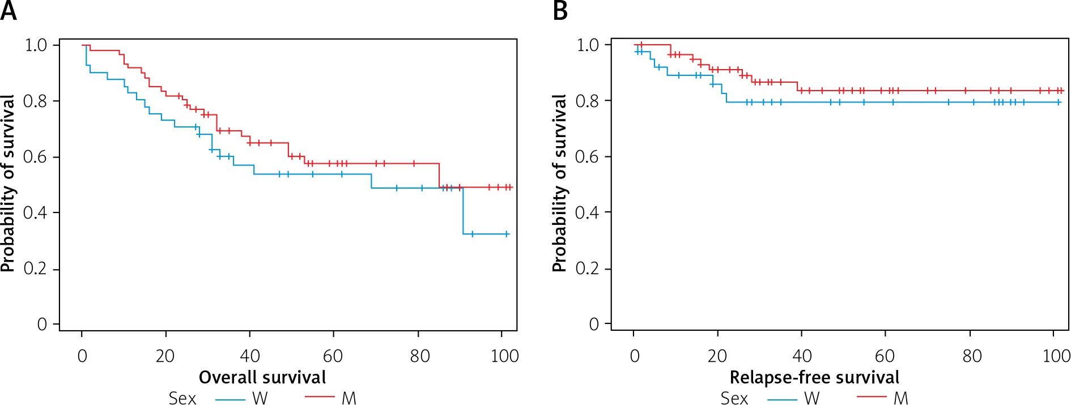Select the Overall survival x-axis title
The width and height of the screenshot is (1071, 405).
262,377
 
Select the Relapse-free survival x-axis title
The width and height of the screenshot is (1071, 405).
814,377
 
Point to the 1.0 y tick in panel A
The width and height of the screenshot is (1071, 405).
36,45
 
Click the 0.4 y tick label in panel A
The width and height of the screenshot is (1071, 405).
35,212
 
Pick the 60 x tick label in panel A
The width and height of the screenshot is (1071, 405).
333,356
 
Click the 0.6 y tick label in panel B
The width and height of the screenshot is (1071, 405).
587,156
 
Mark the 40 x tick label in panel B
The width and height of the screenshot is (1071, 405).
802,356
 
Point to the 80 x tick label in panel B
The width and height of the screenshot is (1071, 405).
972,356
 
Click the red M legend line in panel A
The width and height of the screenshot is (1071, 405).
320,397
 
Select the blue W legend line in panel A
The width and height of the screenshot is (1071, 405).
230,399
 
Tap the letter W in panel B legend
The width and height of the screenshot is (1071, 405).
812,398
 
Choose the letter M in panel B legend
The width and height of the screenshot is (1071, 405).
901,398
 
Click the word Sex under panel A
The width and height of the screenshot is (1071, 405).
182,398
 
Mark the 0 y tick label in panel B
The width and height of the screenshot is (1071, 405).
594,324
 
